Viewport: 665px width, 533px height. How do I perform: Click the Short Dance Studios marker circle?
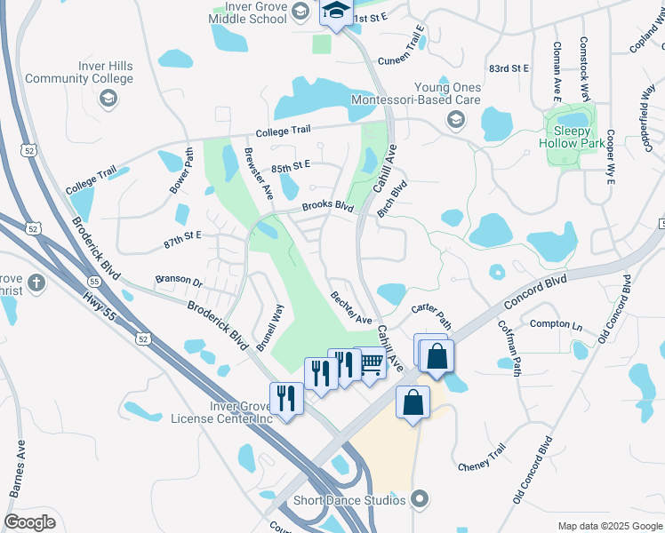pyautogui.click(x=420, y=500)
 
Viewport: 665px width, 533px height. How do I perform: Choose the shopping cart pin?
pyautogui.click(x=371, y=362)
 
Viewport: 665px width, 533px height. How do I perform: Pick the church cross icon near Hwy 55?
pyautogui.click(x=36, y=283)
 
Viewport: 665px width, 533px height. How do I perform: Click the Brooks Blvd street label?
pyautogui.click(x=327, y=207)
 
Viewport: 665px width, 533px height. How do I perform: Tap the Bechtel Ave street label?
pyautogui.click(x=349, y=307)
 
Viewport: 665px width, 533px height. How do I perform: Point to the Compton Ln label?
pyautogui.click(x=556, y=324)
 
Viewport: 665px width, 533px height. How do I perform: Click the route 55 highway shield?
pyautogui.click(x=94, y=281)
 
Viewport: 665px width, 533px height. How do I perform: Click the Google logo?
pyautogui.click(x=30, y=522)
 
